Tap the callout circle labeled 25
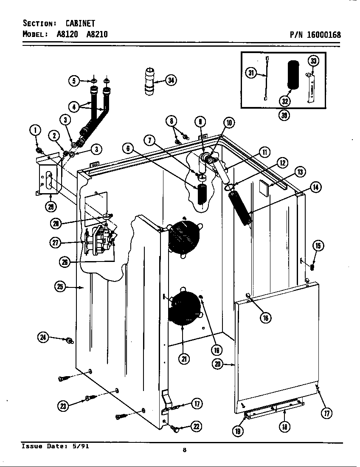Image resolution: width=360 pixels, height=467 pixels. tap(60, 287)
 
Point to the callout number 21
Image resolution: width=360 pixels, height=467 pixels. tap(184, 359)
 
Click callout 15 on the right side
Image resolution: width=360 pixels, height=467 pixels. tap(318, 245)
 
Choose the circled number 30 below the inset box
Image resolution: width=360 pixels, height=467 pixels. tap(284, 115)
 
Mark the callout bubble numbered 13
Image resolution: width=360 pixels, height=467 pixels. tap(300, 172)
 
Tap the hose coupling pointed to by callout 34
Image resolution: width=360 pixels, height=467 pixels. tap(149, 81)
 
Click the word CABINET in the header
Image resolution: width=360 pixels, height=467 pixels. tap(80, 23)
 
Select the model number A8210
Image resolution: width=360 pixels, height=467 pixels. tap(97, 34)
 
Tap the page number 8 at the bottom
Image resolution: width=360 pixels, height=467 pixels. tap(184, 450)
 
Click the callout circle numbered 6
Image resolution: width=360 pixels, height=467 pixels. tap(129, 148)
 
